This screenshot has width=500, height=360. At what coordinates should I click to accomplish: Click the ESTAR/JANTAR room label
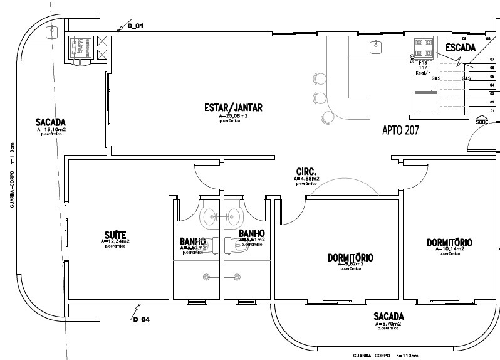click(233, 108)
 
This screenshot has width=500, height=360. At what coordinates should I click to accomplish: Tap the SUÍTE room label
click(116, 235)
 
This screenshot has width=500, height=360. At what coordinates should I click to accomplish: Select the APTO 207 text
click(400, 130)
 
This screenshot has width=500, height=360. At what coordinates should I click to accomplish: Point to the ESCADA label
click(461, 47)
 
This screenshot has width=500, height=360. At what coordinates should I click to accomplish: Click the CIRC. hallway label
click(306, 171)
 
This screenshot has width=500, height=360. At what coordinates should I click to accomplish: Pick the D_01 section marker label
click(136, 26)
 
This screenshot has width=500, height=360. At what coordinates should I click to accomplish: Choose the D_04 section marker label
click(141, 319)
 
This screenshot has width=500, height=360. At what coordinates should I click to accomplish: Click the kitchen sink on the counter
click(375, 45)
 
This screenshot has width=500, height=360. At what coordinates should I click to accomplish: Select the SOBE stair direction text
click(482, 122)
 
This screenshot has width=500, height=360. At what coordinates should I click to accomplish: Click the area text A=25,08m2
click(233, 116)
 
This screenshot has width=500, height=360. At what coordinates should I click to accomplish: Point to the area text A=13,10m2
click(51, 129)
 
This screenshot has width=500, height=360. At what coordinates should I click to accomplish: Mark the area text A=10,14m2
click(449, 249)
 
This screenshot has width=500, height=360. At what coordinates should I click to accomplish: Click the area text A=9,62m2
click(351, 264)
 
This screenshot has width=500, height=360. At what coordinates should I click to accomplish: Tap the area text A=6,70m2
click(388, 324)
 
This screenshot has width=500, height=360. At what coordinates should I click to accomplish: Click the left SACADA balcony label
click(51, 122)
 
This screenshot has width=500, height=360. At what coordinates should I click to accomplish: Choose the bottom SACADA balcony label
click(388, 315)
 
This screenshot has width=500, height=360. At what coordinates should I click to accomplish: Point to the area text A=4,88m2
click(306, 179)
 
